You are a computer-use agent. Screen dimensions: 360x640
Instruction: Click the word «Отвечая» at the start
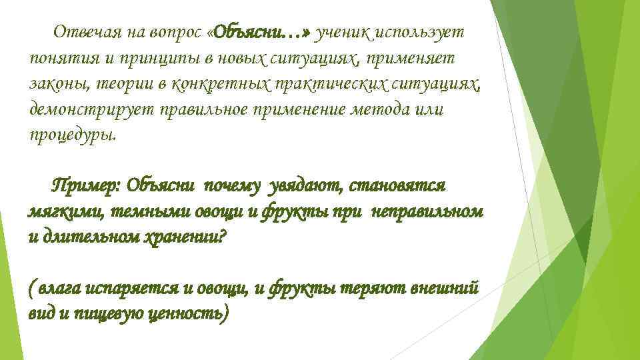coord(81,32)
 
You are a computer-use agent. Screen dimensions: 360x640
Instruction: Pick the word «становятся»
coord(397,184)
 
